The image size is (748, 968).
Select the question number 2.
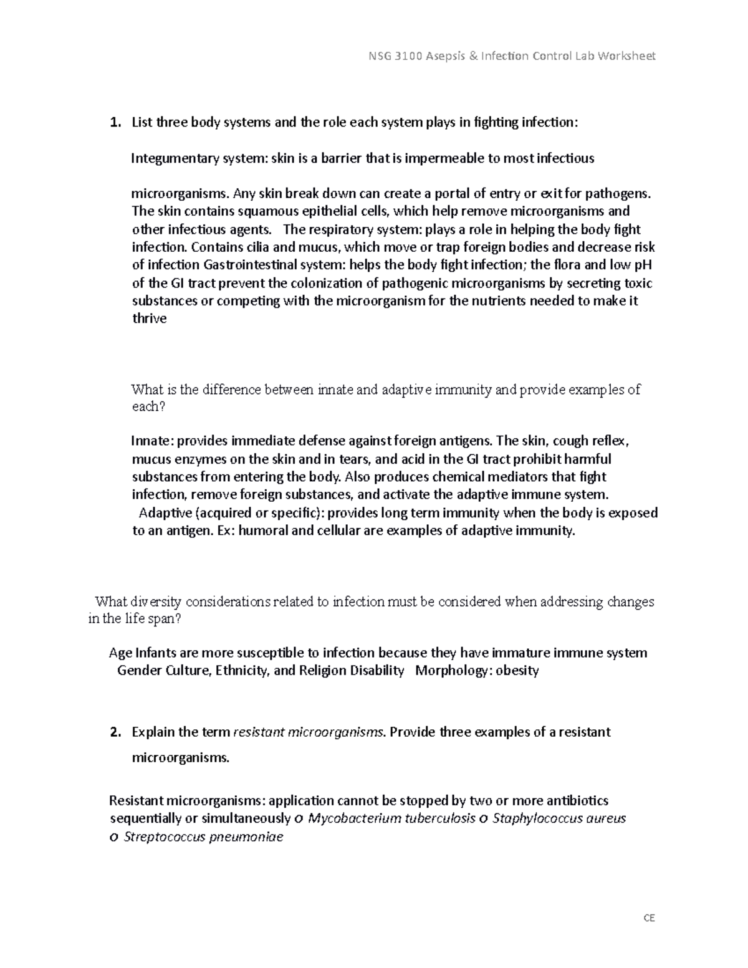(114, 732)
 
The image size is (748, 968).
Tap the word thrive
(150, 319)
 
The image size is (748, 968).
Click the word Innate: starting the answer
(153, 441)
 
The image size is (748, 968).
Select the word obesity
(517, 671)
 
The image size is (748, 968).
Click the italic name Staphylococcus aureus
(559, 818)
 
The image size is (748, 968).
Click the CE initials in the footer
(650, 918)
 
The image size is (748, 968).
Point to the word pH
(642, 265)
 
